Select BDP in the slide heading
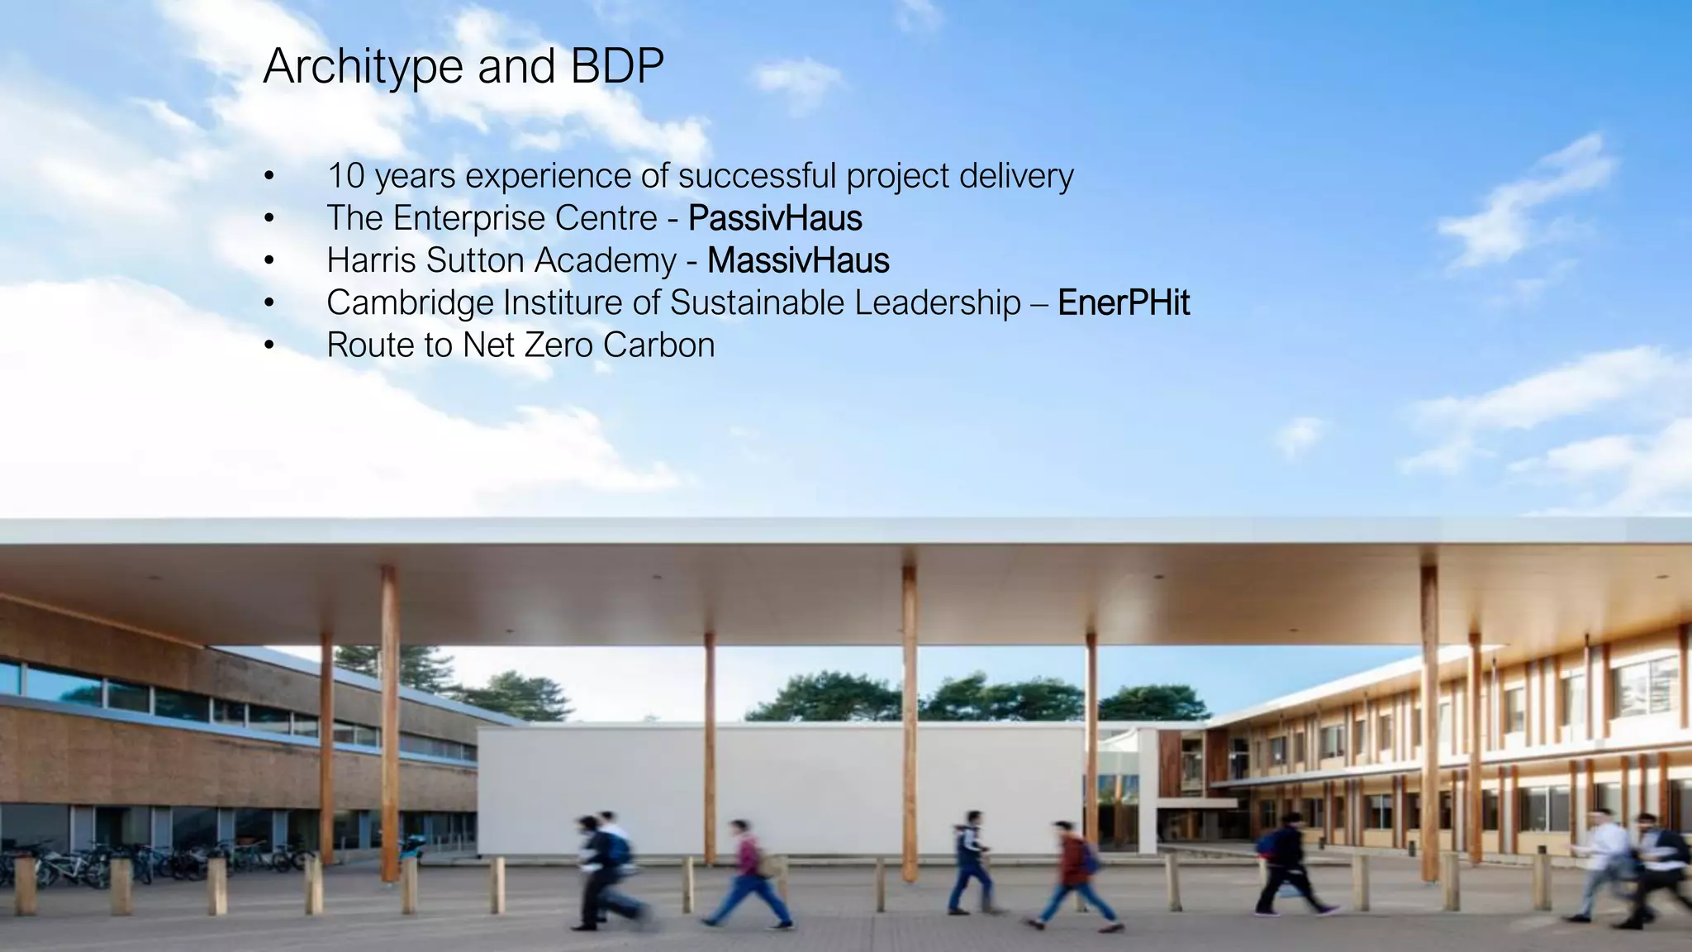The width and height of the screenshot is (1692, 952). tap(617, 66)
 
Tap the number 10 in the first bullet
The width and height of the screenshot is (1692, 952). tap(345, 176)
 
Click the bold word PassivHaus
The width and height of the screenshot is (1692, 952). tap(775, 218)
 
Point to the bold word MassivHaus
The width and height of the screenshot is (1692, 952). tap(798, 260)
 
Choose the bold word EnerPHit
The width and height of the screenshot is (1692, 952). tap(1124, 302)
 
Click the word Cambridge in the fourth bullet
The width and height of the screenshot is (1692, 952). tap(410, 303)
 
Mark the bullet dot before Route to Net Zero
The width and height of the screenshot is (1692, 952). tap(269, 345)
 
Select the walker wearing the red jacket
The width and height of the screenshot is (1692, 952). tap(1071, 872)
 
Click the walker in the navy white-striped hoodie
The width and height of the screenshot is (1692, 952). tap(968, 859)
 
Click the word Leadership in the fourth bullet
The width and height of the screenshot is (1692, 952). tap(938, 303)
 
